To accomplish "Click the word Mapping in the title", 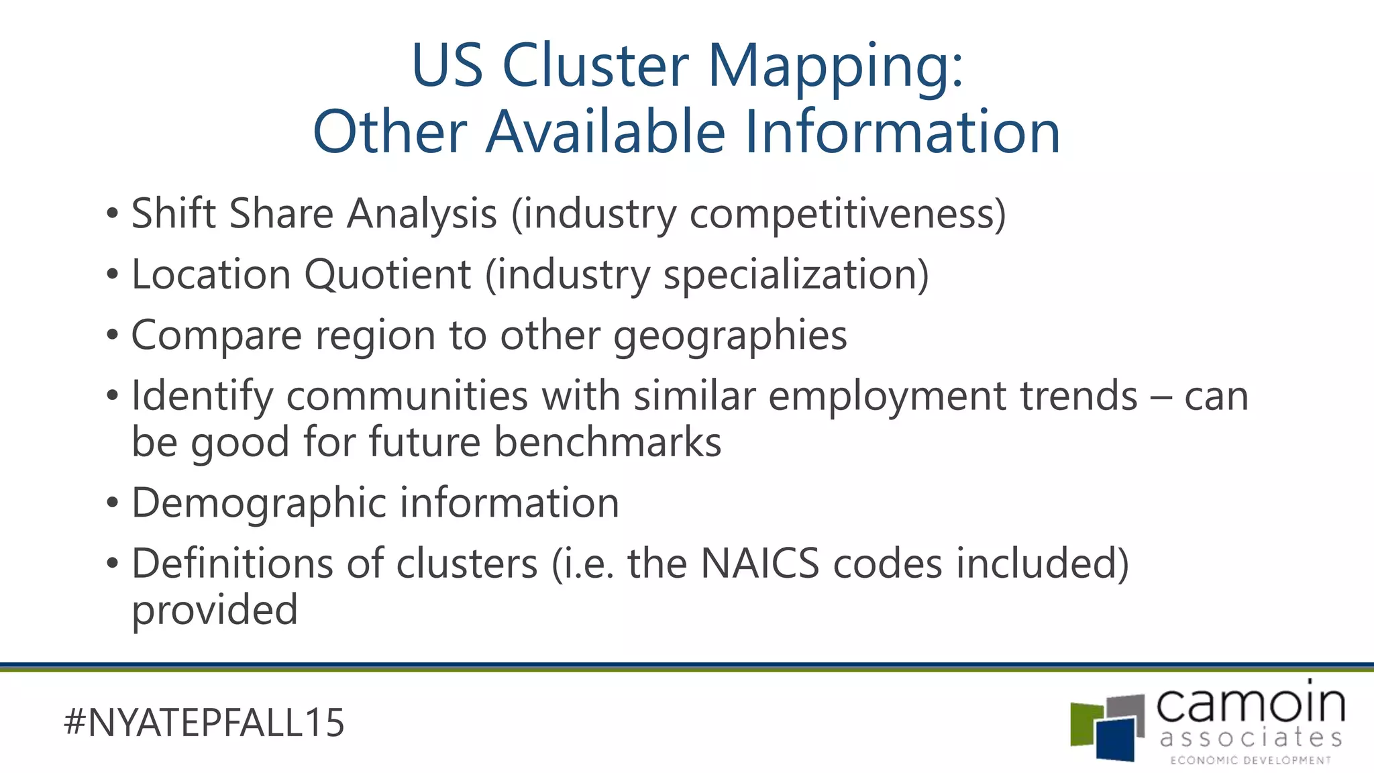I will coord(835,66).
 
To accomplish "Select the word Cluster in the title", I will coord(595,66).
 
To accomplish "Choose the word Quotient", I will coord(387,275).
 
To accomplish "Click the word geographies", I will coord(730,336).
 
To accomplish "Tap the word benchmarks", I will coord(607,442).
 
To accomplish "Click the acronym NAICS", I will coord(759,564).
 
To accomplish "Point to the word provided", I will coord(215,611).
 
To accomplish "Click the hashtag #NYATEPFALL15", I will coord(204,723).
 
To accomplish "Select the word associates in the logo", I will coord(1251,738).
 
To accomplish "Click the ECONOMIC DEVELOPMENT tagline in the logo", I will coord(1251,760).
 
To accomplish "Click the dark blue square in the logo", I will coord(1117,741).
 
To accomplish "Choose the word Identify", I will coord(202,397).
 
